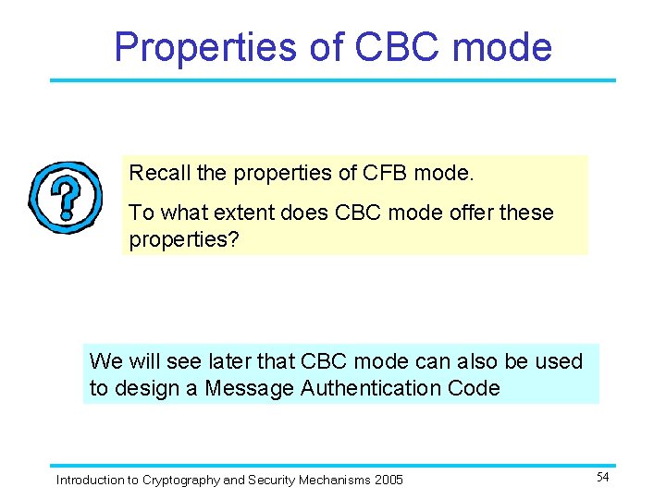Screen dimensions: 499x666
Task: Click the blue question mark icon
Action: tap(65, 197)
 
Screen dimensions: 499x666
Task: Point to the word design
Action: tap(146, 388)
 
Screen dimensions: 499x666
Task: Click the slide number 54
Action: tap(602, 477)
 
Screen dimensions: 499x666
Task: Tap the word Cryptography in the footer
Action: tap(179, 480)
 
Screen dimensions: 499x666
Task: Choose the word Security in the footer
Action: tap(273, 480)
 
